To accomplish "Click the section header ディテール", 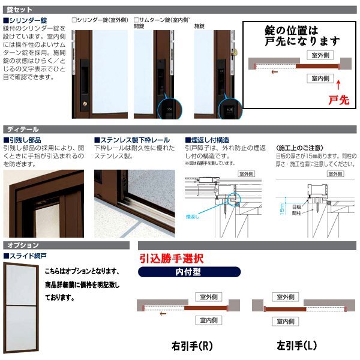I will point(23,128).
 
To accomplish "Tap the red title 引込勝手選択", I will point(172,259).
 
